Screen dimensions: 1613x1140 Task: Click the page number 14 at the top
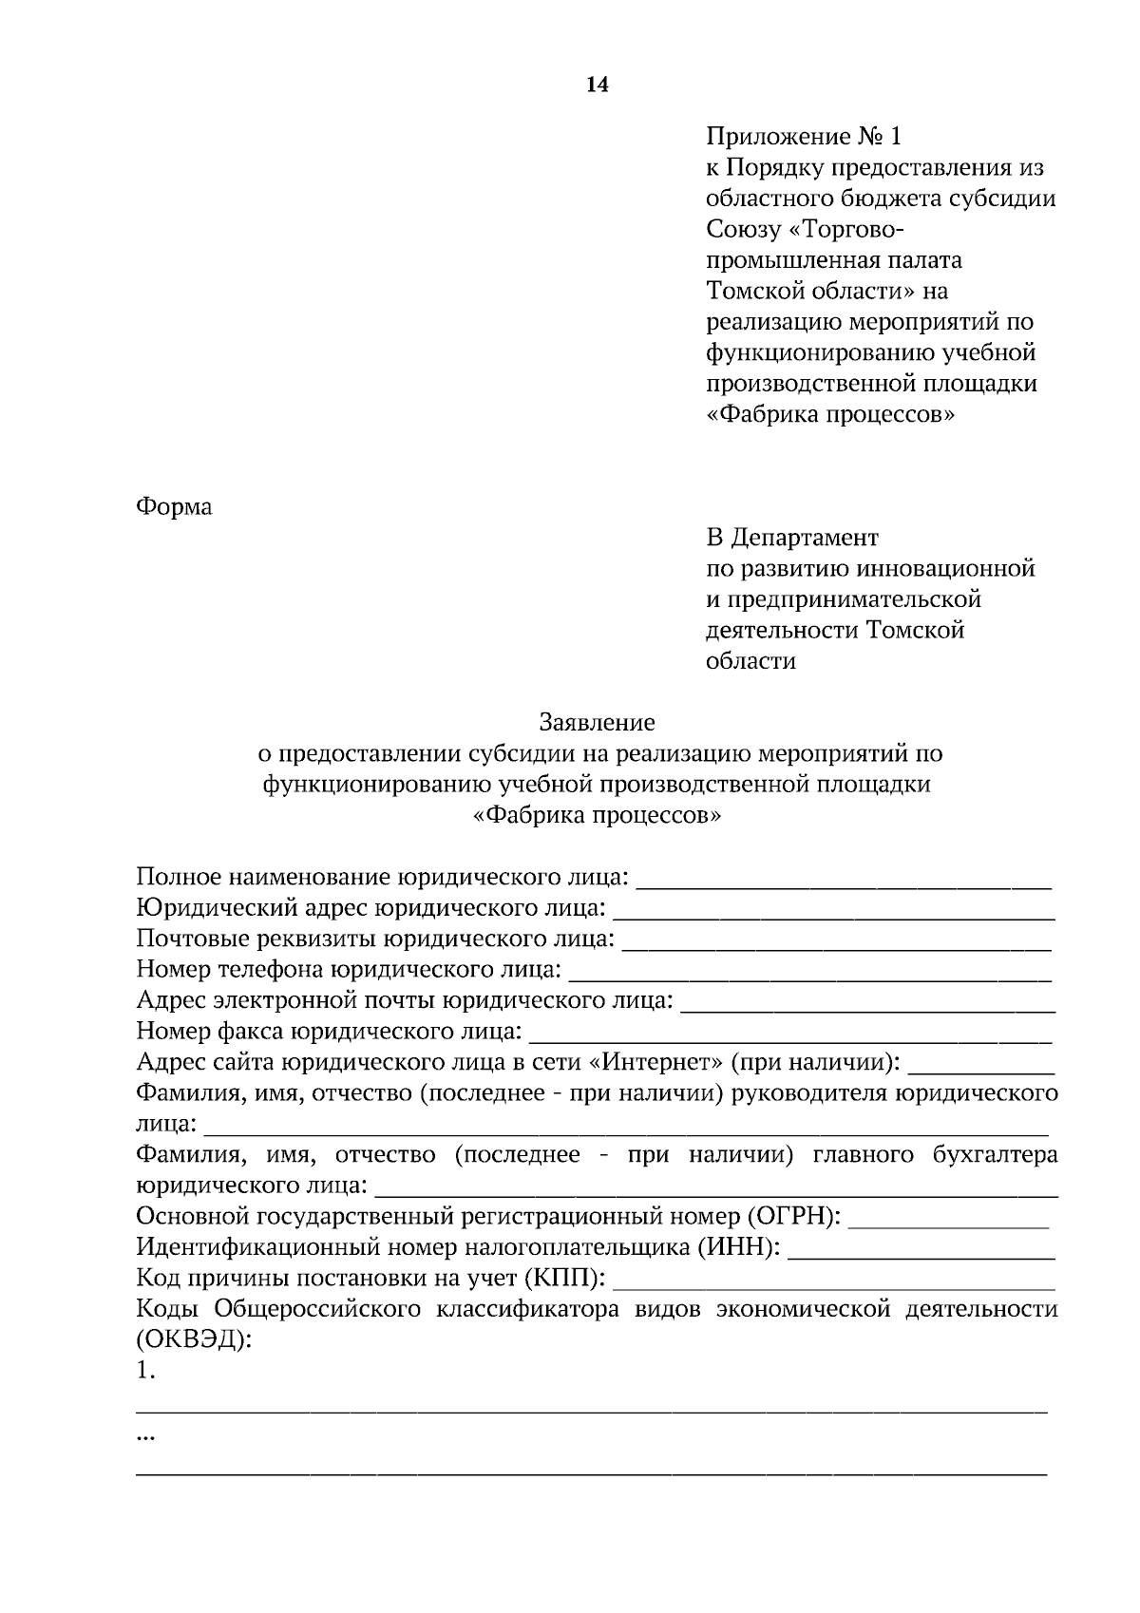[597, 85]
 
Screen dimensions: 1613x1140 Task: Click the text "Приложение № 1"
[804, 137]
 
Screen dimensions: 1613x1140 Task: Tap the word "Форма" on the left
[174, 506]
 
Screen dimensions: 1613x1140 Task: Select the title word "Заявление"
[597, 723]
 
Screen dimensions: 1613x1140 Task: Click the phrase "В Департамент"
[792, 538]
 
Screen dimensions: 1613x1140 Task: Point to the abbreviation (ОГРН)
[793, 1217]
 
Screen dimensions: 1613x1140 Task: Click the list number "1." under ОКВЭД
[145, 1371]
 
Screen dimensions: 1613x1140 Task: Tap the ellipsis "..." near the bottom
[145, 1438]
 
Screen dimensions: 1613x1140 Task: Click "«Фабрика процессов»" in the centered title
[597, 815]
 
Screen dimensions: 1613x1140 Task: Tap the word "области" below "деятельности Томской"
[750, 661]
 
